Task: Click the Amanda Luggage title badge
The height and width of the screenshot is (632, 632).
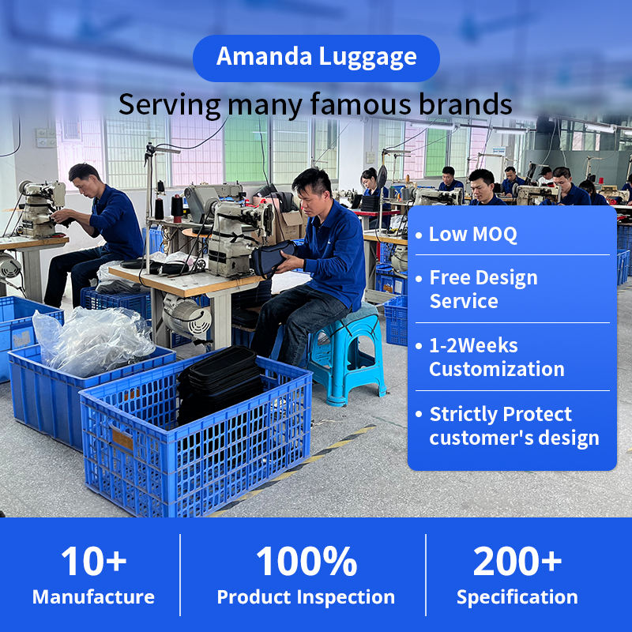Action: coord(316,58)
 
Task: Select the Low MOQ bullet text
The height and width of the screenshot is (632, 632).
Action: coord(472,234)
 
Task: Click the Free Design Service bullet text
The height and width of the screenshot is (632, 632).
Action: coord(483,289)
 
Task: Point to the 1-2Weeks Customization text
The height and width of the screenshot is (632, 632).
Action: coord(497,357)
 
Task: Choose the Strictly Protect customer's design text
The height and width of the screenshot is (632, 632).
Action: coord(514,426)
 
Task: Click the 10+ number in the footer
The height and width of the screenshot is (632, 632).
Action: coord(94,561)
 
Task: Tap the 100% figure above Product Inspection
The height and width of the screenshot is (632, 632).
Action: coord(307,561)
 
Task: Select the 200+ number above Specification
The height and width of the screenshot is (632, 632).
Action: coord(517,561)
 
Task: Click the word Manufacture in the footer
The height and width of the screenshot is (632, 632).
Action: coord(93,597)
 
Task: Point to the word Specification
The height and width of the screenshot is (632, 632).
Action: coord(517,598)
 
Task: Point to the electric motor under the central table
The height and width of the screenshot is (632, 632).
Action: coord(186,316)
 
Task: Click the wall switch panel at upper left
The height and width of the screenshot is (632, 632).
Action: coord(46,137)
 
